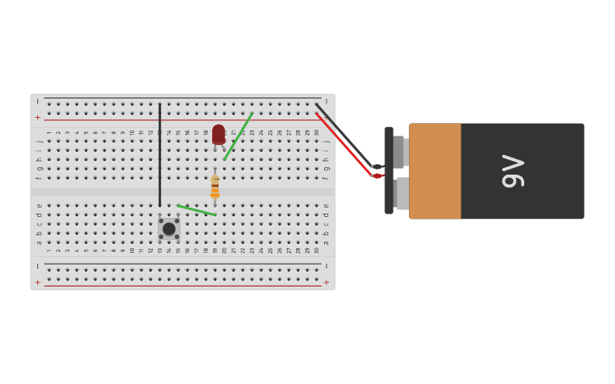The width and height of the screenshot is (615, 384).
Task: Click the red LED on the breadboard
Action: [x=219, y=134]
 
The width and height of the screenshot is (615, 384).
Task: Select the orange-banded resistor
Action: [x=215, y=186]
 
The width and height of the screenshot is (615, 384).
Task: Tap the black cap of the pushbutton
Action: [x=169, y=229]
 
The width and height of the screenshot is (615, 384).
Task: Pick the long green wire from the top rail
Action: [x=238, y=136]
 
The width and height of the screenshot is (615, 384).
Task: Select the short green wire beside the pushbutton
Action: [x=197, y=209]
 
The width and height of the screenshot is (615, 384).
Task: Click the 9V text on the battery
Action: [x=513, y=171]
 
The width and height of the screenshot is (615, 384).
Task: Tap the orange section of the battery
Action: [x=435, y=171]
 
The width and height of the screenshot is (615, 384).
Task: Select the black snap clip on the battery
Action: [x=389, y=170]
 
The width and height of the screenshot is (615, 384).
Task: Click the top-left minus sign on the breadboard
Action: [x=37, y=102]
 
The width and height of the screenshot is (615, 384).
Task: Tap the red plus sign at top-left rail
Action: [x=37, y=117]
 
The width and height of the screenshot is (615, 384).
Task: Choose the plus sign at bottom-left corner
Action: [x=37, y=281]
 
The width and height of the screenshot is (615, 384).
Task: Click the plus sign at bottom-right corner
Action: [x=327, y=281]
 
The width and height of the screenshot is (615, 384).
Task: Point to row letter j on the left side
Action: [x=39, y=141]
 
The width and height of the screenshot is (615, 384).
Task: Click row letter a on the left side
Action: [x=39, y=242]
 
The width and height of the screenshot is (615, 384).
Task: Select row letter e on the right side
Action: [x=326, y=206]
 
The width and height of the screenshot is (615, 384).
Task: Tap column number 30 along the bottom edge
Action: [x=316, y=251]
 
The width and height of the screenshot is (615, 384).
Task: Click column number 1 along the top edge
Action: [x=49, y=132]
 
